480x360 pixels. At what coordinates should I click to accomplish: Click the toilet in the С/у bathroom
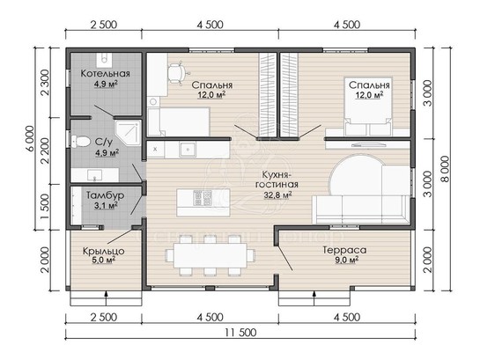(x=80, y=142)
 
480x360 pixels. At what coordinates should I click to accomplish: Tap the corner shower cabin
(x=128, y=133)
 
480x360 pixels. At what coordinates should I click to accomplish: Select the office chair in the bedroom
(x=177, y=73)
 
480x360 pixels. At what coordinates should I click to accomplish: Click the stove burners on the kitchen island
(x=203, y=197)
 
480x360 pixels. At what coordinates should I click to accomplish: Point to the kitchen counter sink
(x=188, y=150)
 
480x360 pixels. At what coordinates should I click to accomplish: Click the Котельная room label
(x=106, y=73)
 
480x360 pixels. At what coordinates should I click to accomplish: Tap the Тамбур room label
(x=105, y=195)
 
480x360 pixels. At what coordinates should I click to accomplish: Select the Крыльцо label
(x=104, y=251)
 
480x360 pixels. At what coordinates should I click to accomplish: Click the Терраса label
(x=344, y=250)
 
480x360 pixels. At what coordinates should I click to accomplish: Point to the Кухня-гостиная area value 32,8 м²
(x=277, y=195)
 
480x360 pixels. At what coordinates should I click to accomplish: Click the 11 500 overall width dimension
(x=240, y=332)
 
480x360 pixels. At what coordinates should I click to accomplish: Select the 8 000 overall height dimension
(x=446, y=169)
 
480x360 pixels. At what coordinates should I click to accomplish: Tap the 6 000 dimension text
(x=30, y=138)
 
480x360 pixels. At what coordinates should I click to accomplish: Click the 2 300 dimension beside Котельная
(x=45, y=83)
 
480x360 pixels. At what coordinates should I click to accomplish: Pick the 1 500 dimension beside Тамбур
(x=45, y=207)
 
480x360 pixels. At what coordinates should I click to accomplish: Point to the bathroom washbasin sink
(x=94, y=175)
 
